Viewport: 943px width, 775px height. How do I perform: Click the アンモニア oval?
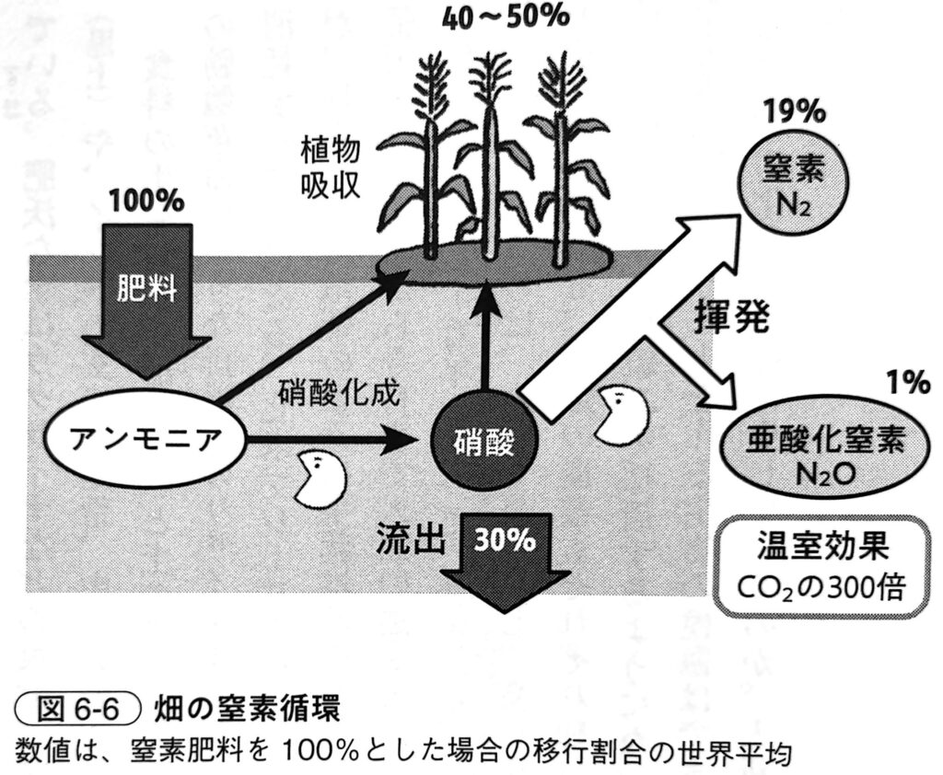click(146, 436)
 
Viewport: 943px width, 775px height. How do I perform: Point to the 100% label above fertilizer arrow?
click(146, 201)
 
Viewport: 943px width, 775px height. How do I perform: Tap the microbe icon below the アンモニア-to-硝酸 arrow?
click(320, 479)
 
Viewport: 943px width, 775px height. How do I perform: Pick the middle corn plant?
click(490, 156)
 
